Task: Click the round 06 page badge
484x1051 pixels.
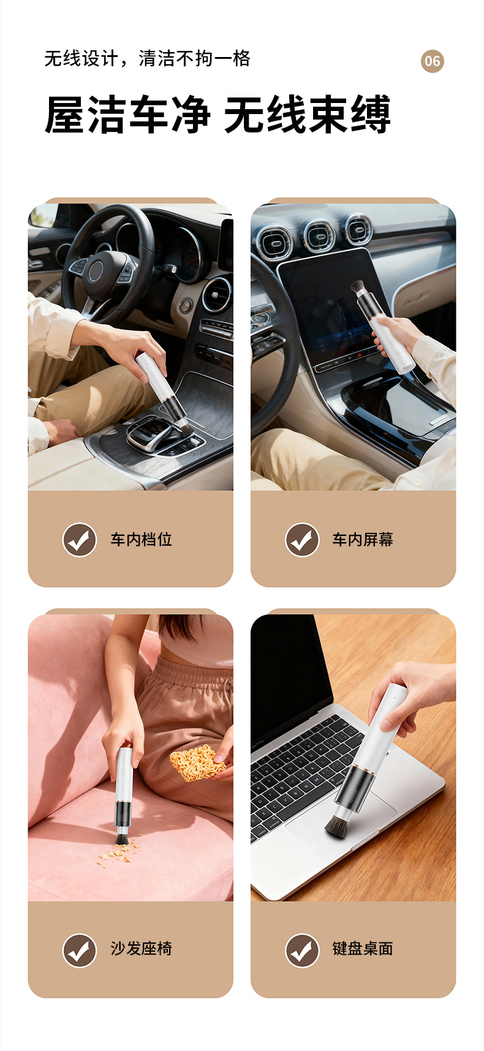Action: coord(432,61)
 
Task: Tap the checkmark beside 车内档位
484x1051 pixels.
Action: coord(80,540)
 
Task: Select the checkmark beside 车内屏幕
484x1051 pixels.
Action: coord(302,540)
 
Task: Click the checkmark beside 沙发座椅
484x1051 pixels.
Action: coord(80,950)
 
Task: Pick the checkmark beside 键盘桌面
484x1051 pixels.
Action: coord(302,950)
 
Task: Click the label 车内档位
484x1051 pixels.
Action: coord(141,540)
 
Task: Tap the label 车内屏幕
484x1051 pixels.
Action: coord(363,540)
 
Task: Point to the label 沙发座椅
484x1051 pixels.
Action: coord(141,948)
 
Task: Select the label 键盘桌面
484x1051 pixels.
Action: coord(363,948)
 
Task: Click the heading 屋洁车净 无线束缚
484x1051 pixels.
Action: coord(217,114)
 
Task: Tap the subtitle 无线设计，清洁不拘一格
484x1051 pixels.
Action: coord(147,59)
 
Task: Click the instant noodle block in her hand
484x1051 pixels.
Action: coord(198,762)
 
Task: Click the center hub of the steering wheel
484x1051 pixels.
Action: coord(96,271)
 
